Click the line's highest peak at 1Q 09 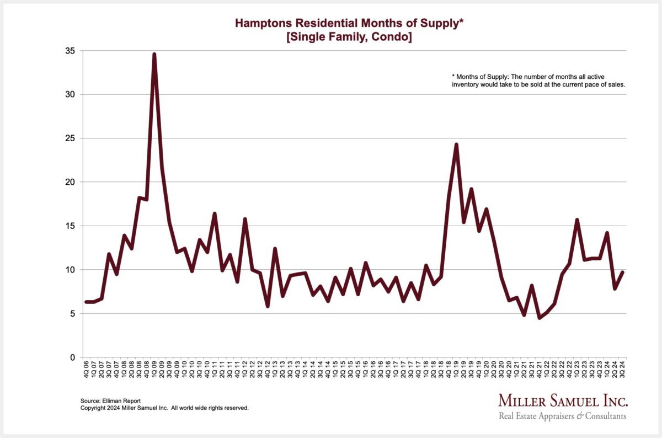click(x=154, y=54)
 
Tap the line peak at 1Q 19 click(x=456, y=145)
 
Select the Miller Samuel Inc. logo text click(x=563, y=400)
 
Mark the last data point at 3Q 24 click(x=623, y=272)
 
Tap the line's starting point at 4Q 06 click(x=86, y=302)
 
